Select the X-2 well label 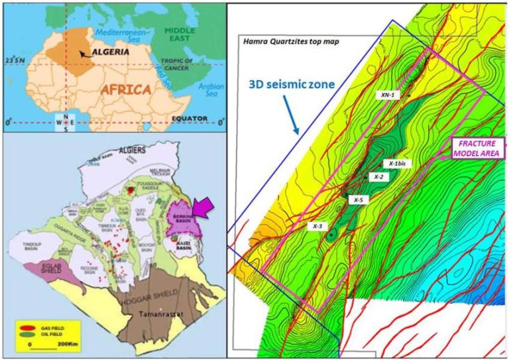click(378, 177)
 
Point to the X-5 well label click(358, 200)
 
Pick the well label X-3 click(318, 226)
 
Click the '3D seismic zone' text click(290, 85)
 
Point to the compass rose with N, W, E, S click(64, 123)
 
